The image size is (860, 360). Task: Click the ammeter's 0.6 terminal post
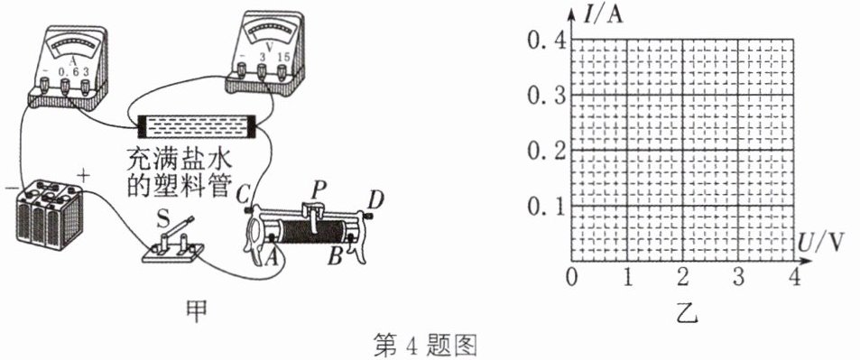tap(65, 86)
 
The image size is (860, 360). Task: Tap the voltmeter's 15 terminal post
tap(282, 70)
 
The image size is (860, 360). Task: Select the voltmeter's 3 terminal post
tap(262, 70)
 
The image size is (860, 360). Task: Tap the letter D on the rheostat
tap(375, 201)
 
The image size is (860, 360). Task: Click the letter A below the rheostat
tap(270, 257)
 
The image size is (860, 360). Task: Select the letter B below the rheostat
tap(335, 256)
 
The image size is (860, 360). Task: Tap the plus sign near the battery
tap(83, 177)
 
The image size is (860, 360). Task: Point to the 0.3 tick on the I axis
tap(544, 96)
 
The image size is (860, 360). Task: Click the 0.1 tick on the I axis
tap(544, 207)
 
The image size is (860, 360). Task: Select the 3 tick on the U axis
tap(738, 278)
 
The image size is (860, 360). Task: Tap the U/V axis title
tap(821, 242)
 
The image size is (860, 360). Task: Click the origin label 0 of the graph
tap(571, 278)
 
